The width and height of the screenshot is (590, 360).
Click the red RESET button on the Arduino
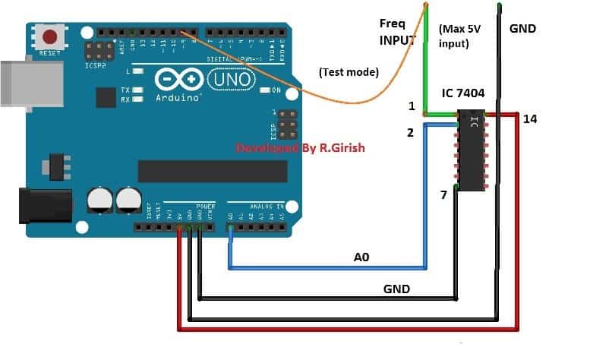click(x=51, y=36)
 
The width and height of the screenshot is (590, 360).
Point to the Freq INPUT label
click(x=398, y=32)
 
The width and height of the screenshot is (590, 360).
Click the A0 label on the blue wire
click(x=361, y=257)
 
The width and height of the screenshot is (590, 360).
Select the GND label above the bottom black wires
click(x=396, y=289)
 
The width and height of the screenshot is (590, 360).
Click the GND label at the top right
click(x=522, y=29)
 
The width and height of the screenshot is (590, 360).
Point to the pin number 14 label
click(x=530, y=119)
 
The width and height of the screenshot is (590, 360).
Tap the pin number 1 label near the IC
click(x=411, y=107)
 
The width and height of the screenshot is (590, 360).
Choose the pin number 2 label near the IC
click(x=411, y=133)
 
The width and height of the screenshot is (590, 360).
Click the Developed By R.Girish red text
click(x=301, y=148)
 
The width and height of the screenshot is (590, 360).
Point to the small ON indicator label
click(x=276, y=90)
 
